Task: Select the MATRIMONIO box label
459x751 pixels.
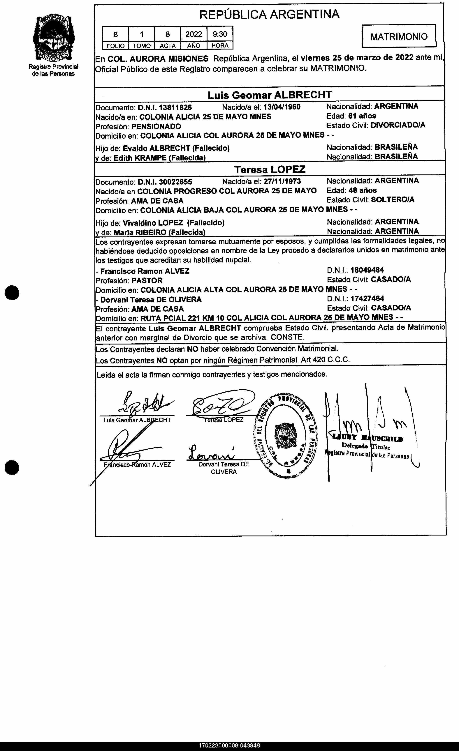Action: (x=399, y=37)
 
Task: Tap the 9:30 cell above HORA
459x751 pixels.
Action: (x=220, y=34)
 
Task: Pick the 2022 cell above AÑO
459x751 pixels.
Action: (x=194, y=34)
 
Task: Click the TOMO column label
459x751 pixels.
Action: (x=142, y=46)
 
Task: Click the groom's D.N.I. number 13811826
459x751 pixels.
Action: (x=175, y=107)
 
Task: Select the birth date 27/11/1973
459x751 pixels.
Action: (x=282, y=182)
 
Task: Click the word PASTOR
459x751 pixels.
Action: (x=147, y=280)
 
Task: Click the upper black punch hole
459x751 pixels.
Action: (x=12, y=293)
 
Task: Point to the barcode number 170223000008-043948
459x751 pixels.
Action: (x=229, y=745)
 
